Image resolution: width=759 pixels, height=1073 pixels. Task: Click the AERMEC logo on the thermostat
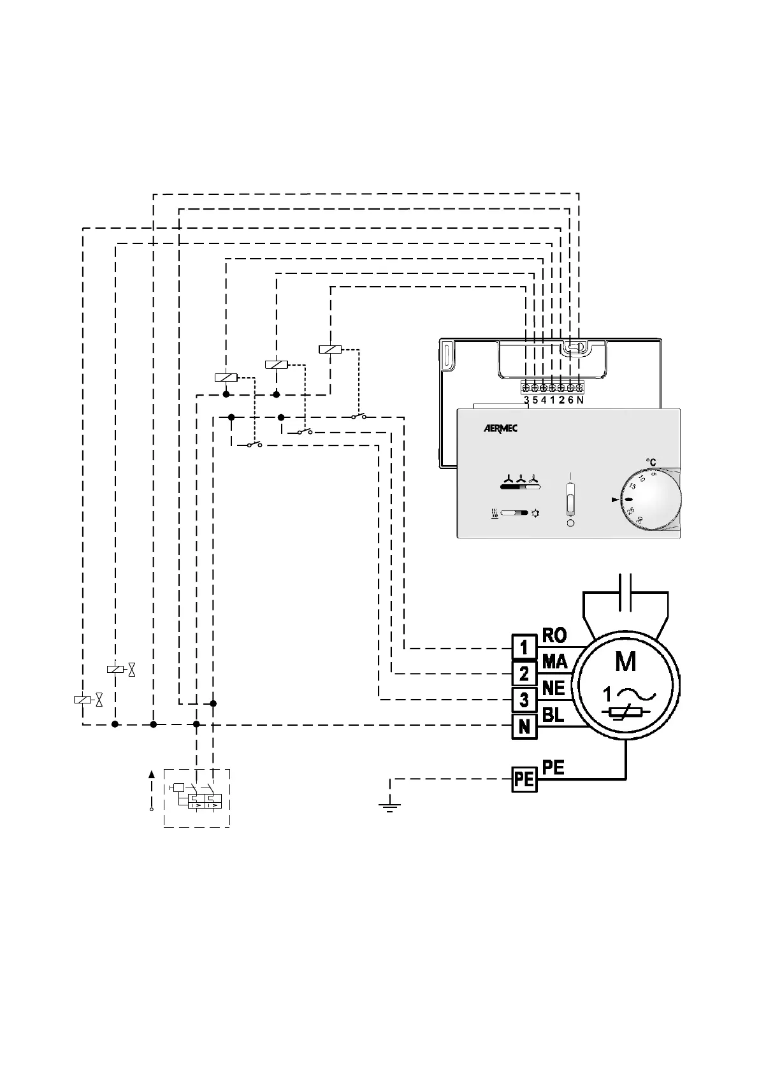[x=500, y=429]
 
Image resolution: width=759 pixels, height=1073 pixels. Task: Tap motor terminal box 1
[x=524, y=647]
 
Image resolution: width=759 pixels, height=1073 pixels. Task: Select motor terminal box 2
[x=524, y=673]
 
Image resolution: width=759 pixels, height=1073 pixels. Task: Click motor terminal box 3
[x=524, y=700]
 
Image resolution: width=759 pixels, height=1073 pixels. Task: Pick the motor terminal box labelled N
[x=524, y=726]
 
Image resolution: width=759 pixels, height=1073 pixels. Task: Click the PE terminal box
[x=524, y=779]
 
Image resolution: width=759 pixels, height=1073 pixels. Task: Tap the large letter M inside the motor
[x=625, y=662]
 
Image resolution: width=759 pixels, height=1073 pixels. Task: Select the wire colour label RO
[x=554, y=635]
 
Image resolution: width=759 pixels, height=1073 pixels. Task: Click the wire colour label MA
[x=554, y=662]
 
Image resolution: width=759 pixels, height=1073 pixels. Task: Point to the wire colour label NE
[x=554, y=688]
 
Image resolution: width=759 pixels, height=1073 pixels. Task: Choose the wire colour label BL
[x=553, y=715]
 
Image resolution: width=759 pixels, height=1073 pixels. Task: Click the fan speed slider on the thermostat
[x=520, y=487]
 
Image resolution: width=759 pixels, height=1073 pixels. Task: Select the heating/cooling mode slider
[x=514, y=512]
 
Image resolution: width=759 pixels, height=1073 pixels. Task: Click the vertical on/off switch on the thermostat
[x=570, y=498]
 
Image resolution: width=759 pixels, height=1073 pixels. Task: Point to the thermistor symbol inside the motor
[x=625, y=713]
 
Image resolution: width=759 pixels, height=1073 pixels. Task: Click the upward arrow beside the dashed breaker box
[x=151, y=775]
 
